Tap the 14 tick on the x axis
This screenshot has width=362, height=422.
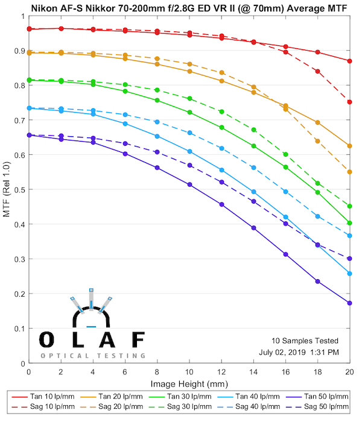(253, 374)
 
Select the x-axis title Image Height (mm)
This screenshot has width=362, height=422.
(188, 383)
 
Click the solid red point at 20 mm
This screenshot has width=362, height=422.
(349, 61)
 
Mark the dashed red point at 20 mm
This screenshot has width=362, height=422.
(349, 102)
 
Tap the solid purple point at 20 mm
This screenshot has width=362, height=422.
(349, 303)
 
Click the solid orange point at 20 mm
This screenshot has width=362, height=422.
(349, 146)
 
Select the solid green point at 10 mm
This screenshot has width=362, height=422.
(189, 112)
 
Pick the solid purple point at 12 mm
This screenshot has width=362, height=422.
(221, 204)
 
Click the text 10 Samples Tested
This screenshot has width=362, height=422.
(304, 341)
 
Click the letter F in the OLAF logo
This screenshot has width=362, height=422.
(138, 340)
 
